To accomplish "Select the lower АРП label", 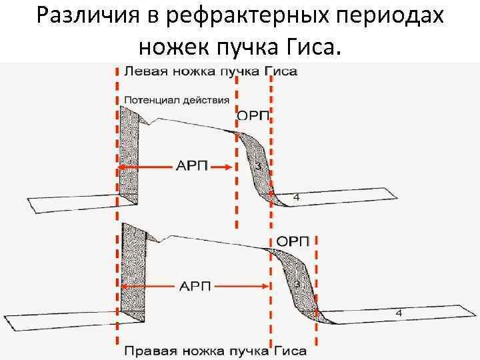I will [x=194, y=287].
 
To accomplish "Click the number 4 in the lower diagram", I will [x=399, y=313].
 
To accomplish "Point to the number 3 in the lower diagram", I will [x=297, y=284].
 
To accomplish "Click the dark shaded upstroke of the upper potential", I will [x=128, y=153].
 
